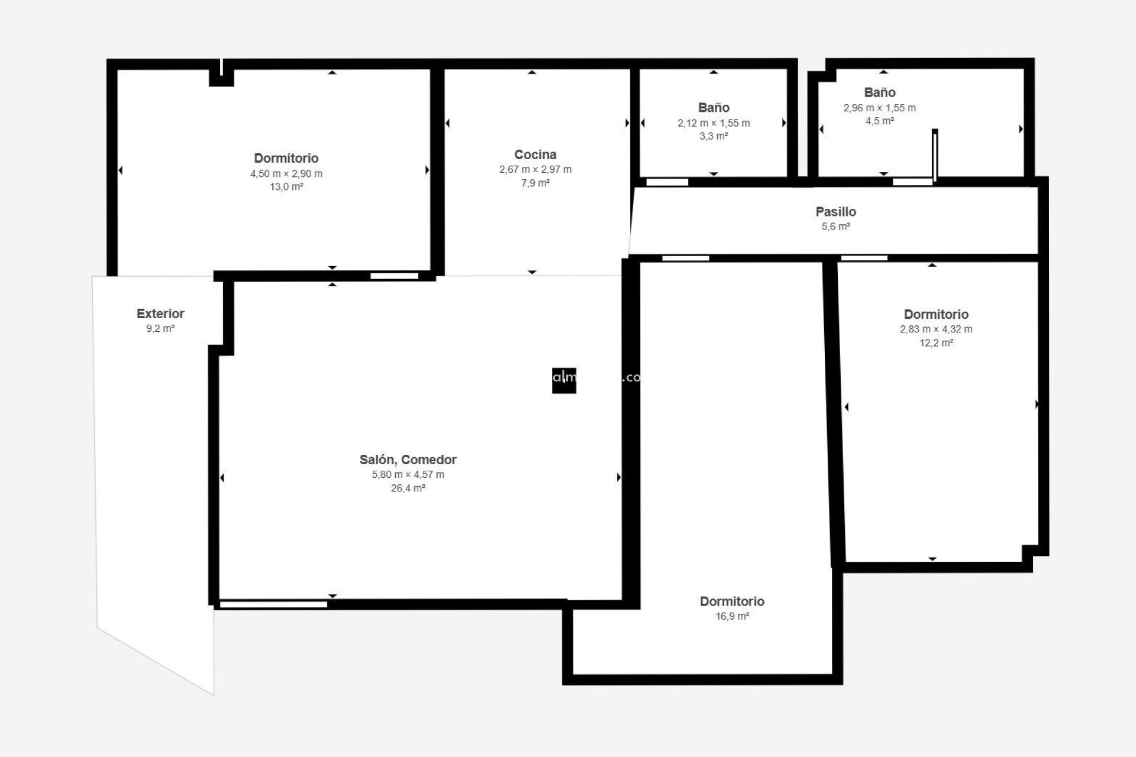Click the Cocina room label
point(535,155)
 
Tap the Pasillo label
point(835,212)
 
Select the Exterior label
point(160,314)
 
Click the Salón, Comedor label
point(408,460)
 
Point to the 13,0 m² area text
point(286,187)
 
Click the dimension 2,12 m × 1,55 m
point(714,123)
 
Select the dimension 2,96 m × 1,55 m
point(879,108)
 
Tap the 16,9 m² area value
point(732,616)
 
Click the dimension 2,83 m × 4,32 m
point(935,329)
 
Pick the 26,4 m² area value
point(408,489)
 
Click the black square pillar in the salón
point(564,381)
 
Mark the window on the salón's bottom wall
point(273,604)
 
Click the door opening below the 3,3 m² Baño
point(667,182)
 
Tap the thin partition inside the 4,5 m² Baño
point(935,155)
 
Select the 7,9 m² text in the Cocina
point(535,183)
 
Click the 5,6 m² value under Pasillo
point(835,227)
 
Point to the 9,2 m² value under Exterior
point(160,329)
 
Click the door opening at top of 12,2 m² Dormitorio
point(864,258)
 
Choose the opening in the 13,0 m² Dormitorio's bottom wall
point(394,276)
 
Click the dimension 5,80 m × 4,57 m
point(408,474)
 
